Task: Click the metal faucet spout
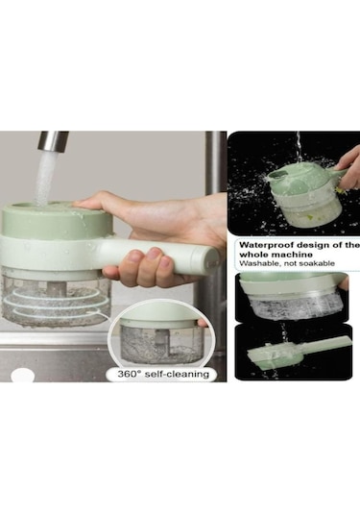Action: [52, 141]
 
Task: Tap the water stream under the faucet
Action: [45, 178]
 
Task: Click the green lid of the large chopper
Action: [57, 219]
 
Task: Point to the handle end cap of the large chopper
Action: [213, 259]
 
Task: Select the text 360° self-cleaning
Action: [163, 374]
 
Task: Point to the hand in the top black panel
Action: [348, 167]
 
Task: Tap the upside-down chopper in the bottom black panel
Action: [299, 353]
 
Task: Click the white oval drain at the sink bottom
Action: [22, 375]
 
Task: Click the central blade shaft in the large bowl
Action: [58, 288]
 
